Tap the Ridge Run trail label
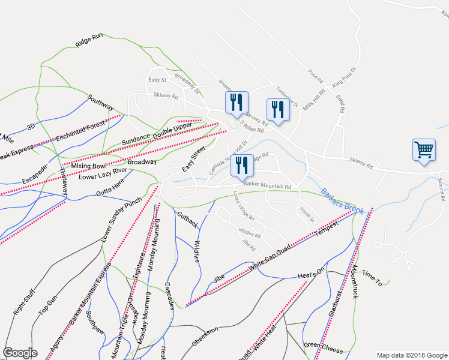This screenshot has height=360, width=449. click(89, 40)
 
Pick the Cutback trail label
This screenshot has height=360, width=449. click(187, 219)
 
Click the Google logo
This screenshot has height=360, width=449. click(20, 353)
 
